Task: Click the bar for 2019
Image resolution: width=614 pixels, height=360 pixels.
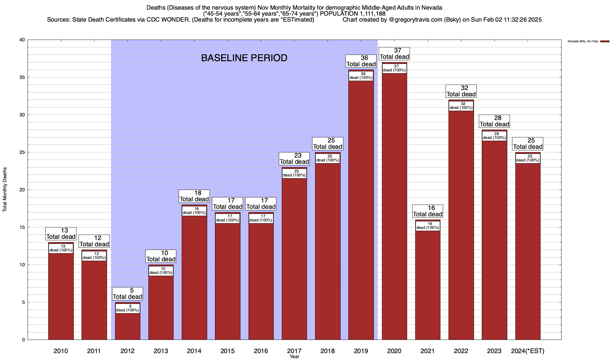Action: [361, 210]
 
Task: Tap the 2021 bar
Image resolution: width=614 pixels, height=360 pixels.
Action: [428, 285]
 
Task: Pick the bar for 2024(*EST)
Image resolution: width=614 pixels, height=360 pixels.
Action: [528, 252]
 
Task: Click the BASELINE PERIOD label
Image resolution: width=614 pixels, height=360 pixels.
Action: [244, 58]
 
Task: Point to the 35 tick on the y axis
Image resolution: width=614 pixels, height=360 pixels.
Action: [22, 77]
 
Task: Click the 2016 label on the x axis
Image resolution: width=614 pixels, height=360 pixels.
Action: [261, 351]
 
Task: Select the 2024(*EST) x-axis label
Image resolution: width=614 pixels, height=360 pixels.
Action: [528, 351]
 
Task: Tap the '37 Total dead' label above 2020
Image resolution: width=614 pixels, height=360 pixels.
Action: [394, 54]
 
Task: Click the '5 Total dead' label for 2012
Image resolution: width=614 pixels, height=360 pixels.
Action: [127, 294]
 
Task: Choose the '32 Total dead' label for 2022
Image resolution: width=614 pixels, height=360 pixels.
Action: [461, 91]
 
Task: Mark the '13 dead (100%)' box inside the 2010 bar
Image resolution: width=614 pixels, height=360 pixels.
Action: [61, 248]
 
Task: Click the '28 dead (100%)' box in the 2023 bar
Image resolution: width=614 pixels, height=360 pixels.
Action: [494, 136]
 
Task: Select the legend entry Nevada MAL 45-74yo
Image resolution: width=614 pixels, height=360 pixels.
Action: [583, 41]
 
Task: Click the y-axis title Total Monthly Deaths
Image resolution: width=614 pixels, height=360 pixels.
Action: [5, 190]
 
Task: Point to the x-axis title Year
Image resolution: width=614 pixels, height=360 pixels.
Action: [294, 357]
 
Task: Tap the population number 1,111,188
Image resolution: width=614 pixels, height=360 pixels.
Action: [369, 13]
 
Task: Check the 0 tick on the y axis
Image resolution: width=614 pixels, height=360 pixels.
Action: [23, 340]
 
